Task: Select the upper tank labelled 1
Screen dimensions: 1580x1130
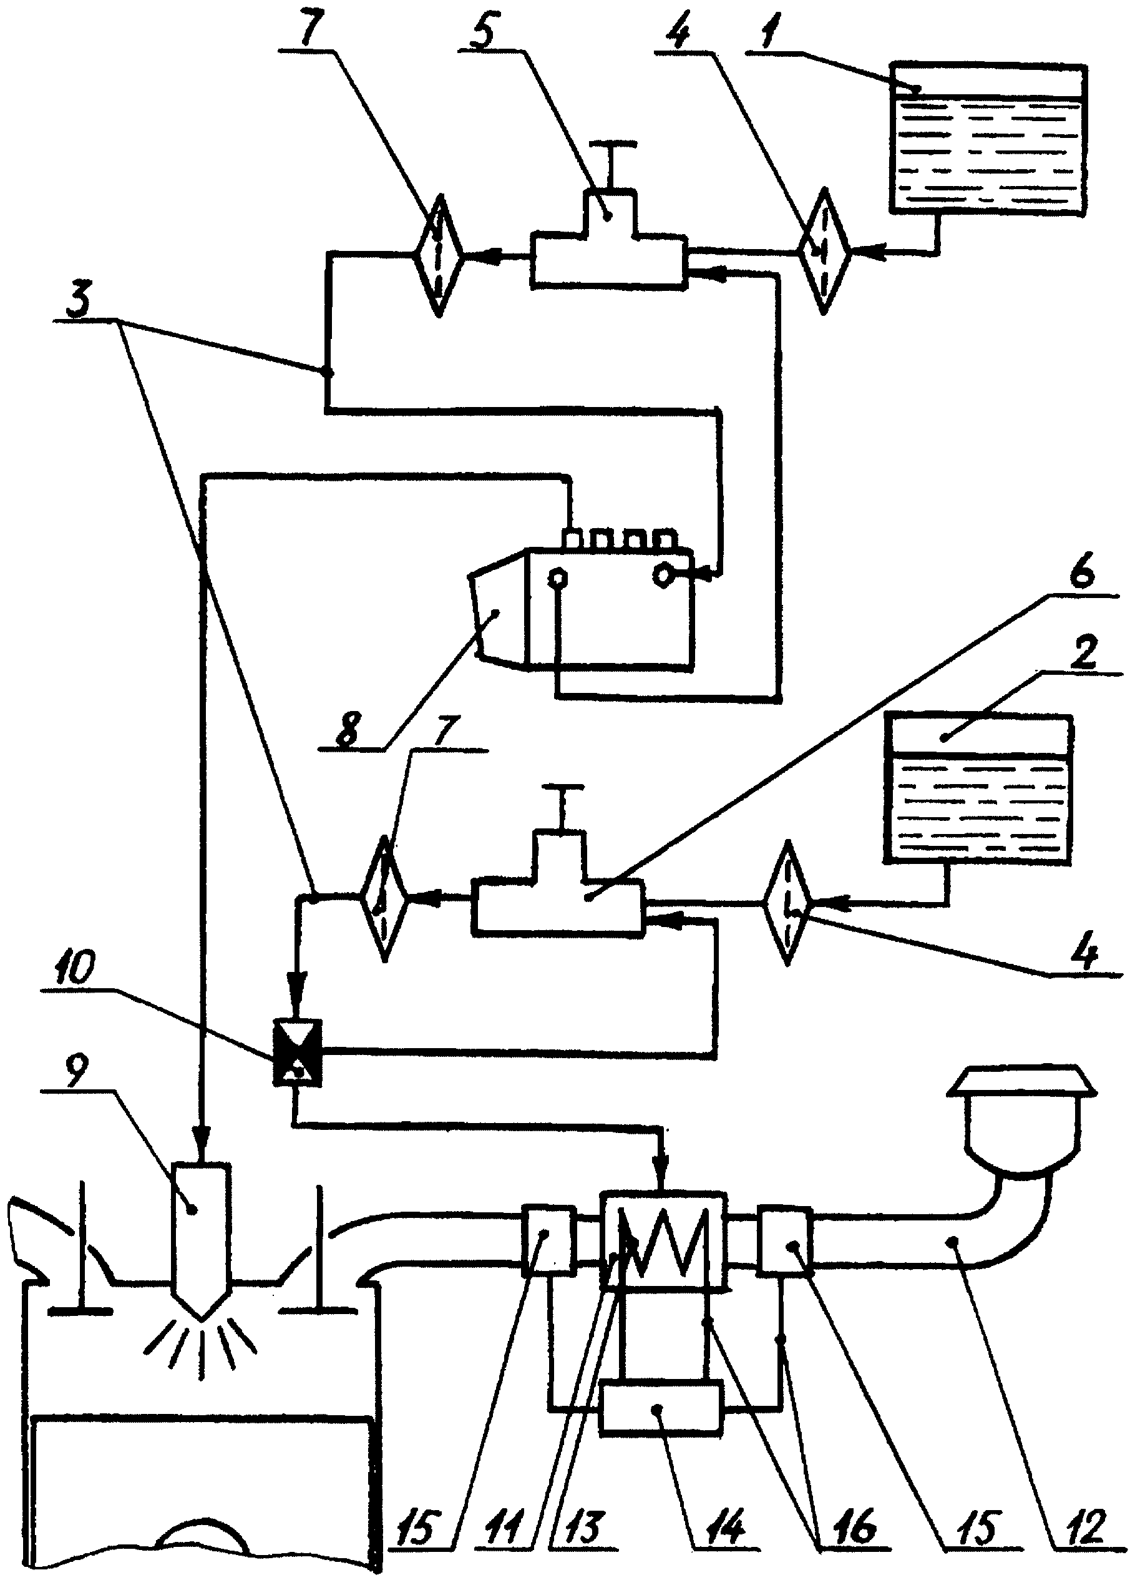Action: (x=987, y=139)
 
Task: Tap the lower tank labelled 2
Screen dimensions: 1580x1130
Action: (x=978, y=790)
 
